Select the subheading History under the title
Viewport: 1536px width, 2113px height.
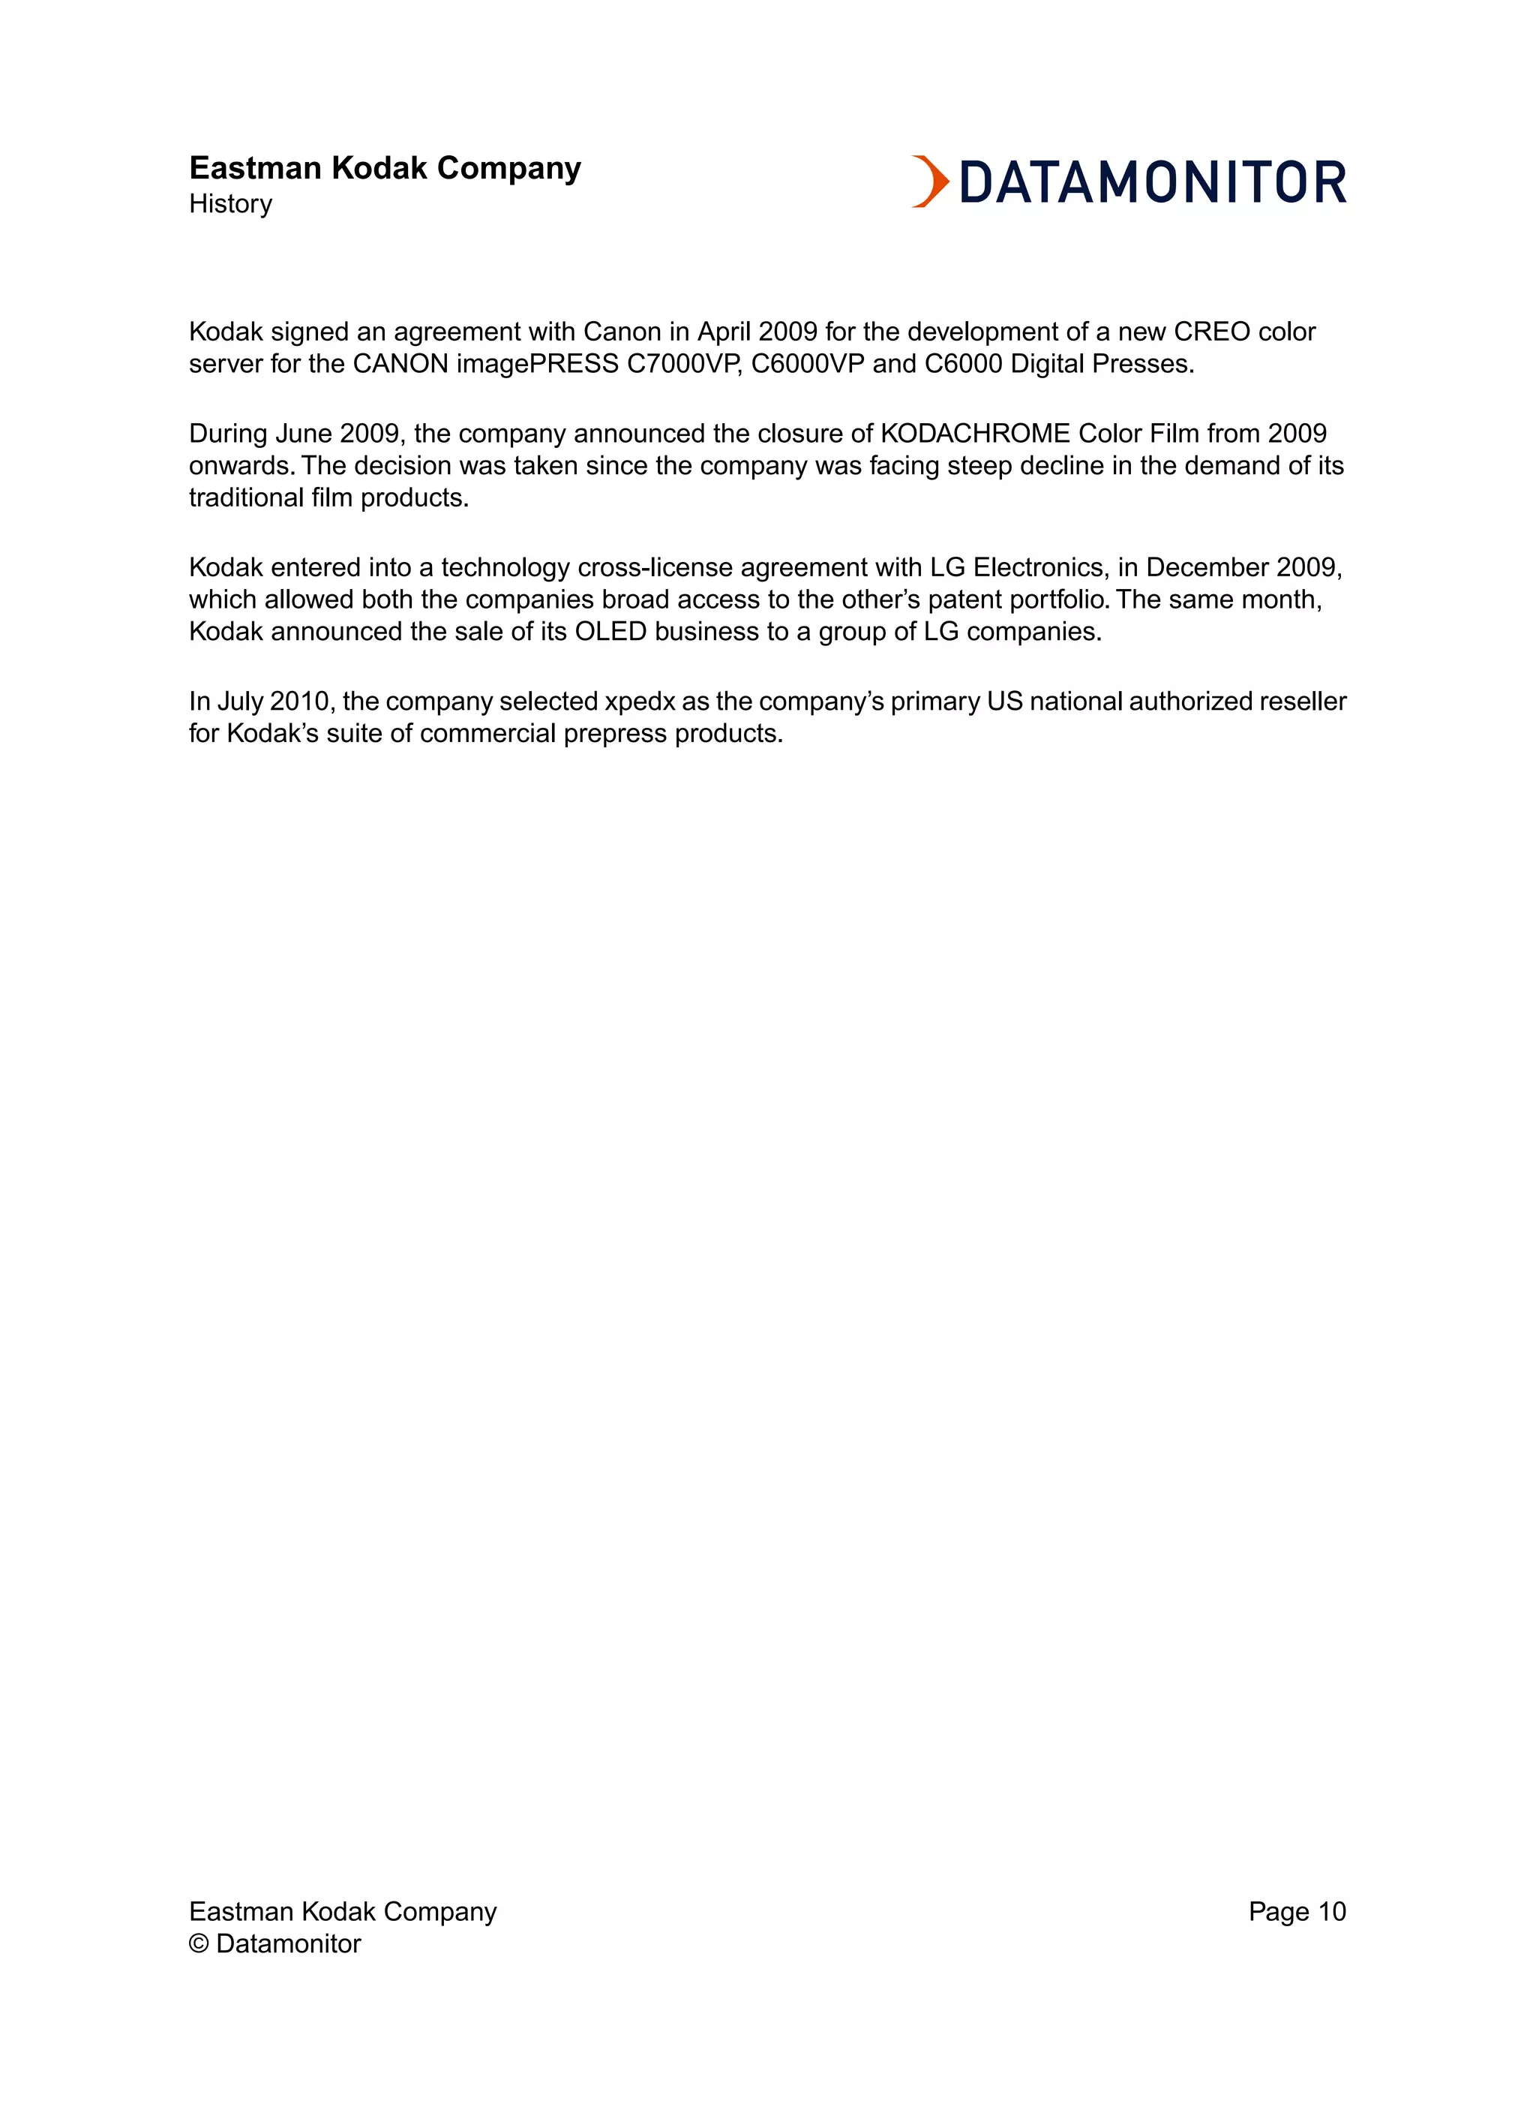pyautogui.click(x=230, y=204)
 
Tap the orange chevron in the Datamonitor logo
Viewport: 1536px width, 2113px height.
pyautogui.click(x=929, y=182)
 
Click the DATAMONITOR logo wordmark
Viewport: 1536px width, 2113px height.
pyautogui.click(x=1152, y=182)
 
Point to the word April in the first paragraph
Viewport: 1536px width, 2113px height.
pyautogui.click(x=724, y=332)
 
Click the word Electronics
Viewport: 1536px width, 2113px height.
pyautogui.click(x=1039, y=567)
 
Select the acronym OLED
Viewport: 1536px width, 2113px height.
pyautogui.click(x=610, y=632)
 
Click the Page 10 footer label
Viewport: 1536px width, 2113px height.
pyautogui.click(x=1297, y=1911)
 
